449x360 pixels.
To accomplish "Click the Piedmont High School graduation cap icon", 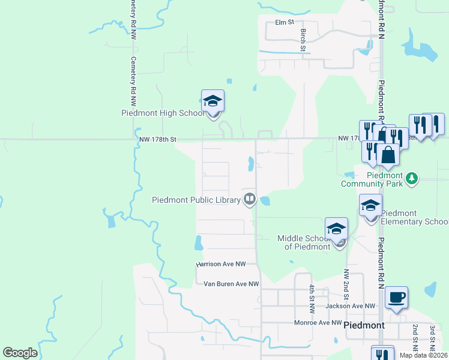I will pyautogui.click(x=212, y=101).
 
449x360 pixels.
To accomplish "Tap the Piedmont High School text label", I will pyautogui.click(x=163, y=113).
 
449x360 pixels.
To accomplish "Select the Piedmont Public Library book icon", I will pyautogui.click(x=249, y=199).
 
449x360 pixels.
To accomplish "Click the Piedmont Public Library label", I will pyautogui.click(x=196, y=200).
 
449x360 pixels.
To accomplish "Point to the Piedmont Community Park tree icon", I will pyautogui.click(x=411, y=178).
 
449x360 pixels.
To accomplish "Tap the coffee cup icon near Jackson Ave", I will pyautogui.click(x=396, y=298).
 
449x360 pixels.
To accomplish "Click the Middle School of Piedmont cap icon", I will pyautogui.click(x=337, y=229).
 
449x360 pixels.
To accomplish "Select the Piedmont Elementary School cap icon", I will pyautogui.click(x=370, y=205).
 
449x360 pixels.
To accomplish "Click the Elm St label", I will pyautogui.click(x=284, y=22).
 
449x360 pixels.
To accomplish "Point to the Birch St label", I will pyautogui.click(x=303, y=39).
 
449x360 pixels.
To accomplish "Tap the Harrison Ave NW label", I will pyautogui.click(x=221, y=264).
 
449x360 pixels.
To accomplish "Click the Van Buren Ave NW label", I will pyautogui.click(x=231, y=284).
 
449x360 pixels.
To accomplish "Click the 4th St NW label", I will pyautogui.click(x=312, y=298).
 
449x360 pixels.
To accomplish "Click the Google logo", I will pyautogui.click(x=20, y=353).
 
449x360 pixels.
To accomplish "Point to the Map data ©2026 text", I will pyautogui.click(x=423, y=355).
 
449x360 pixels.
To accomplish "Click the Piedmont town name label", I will pyautogui.click(x=364, y=325).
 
